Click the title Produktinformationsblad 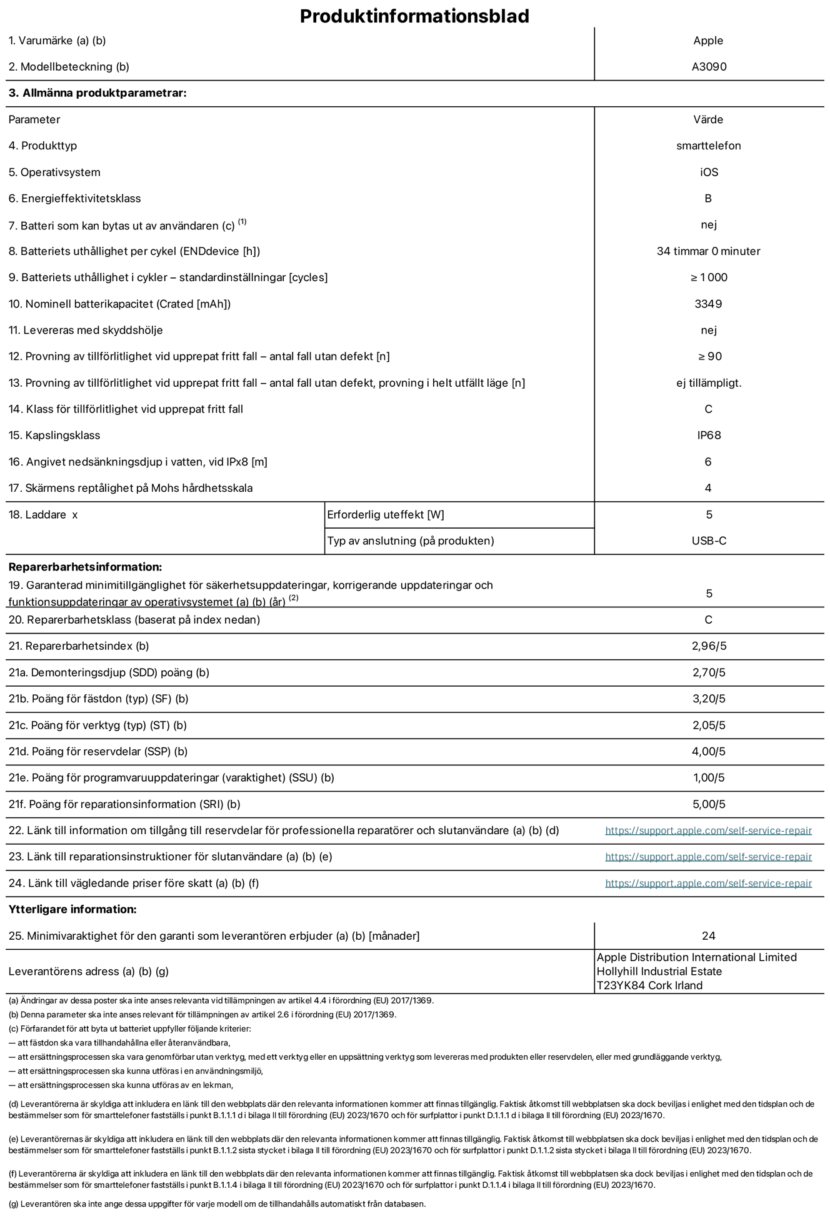click(x=414, y=16)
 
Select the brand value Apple click(x=708, y=41)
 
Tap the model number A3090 click(x=709, y=67)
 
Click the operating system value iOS click(x=709, y=172)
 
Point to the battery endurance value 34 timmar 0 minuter click(x=708, y=251)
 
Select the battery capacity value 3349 click(x=708, y=304)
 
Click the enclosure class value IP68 click(x=709, y=435)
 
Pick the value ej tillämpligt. click(x=709, y=382)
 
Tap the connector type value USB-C click(x=709, y=541)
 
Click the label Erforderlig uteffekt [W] click(x=386, y=515)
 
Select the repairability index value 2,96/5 click(x=709, y=646)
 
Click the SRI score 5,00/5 click(x=709, y=804)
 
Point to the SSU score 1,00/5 click(x=709, y=778)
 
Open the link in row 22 click(x=708, y=830)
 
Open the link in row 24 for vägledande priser click(x=708, y=883)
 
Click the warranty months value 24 click(x=708, y=935)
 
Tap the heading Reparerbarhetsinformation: click(x=85, y=567)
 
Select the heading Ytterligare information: click(x=72, y=909)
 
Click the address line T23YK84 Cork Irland click(x=650, y=985)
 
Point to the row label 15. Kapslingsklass click(x=54, y=435)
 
